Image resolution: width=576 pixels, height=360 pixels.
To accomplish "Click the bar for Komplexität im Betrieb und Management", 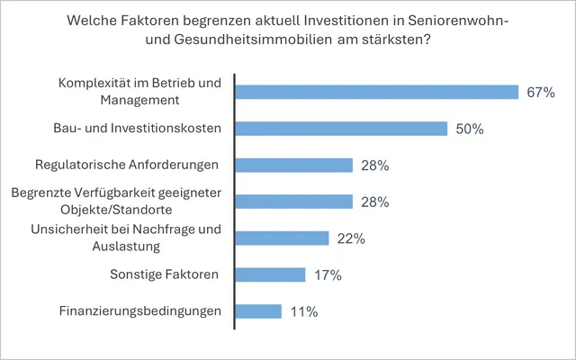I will point(376,92).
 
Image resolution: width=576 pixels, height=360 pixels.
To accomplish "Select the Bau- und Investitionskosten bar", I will point(341,129).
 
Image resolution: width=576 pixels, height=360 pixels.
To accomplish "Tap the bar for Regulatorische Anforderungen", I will point(293,165).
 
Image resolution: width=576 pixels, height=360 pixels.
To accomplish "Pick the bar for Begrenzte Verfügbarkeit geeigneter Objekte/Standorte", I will point(293,202).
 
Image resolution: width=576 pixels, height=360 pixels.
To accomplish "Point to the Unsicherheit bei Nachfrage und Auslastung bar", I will point(282,238).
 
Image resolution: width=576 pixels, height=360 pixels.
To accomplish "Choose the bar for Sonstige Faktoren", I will point(270,274).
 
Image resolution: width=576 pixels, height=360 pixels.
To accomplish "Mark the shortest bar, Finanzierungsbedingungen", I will point(258,311).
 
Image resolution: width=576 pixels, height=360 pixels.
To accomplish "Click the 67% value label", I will point(542,92).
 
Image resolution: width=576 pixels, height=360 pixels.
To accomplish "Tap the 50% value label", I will point(470,129).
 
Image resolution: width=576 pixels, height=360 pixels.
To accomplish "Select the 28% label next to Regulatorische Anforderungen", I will point(374,166).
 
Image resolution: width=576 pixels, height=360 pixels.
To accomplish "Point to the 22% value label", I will point(351,238).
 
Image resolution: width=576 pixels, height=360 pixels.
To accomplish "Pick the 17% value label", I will point(328,275).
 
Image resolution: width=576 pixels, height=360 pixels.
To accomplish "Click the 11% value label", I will point(303,312).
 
